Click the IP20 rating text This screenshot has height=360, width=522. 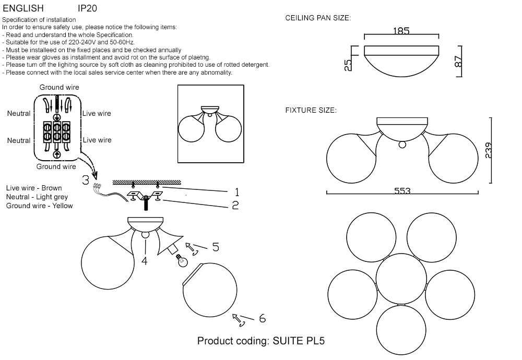coord(87,9)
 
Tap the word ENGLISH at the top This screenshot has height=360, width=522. coord(23,9)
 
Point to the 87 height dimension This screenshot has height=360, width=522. coord(459,62)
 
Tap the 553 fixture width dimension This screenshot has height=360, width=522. coord(402,191)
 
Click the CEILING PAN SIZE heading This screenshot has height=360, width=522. coord(318,18)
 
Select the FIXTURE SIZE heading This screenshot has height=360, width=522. coord(311,111)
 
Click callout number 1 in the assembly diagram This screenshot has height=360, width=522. coord(236,191)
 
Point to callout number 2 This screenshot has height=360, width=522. coord(235,206)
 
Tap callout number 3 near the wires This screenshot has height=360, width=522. coord(86,181)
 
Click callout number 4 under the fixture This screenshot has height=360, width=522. coord(145,261)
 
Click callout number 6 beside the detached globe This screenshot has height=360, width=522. coord(262,318)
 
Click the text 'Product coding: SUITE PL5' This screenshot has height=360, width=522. coord(261,341)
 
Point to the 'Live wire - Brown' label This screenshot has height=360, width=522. coord(34,188)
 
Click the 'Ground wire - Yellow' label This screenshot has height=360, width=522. coord(40,206)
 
